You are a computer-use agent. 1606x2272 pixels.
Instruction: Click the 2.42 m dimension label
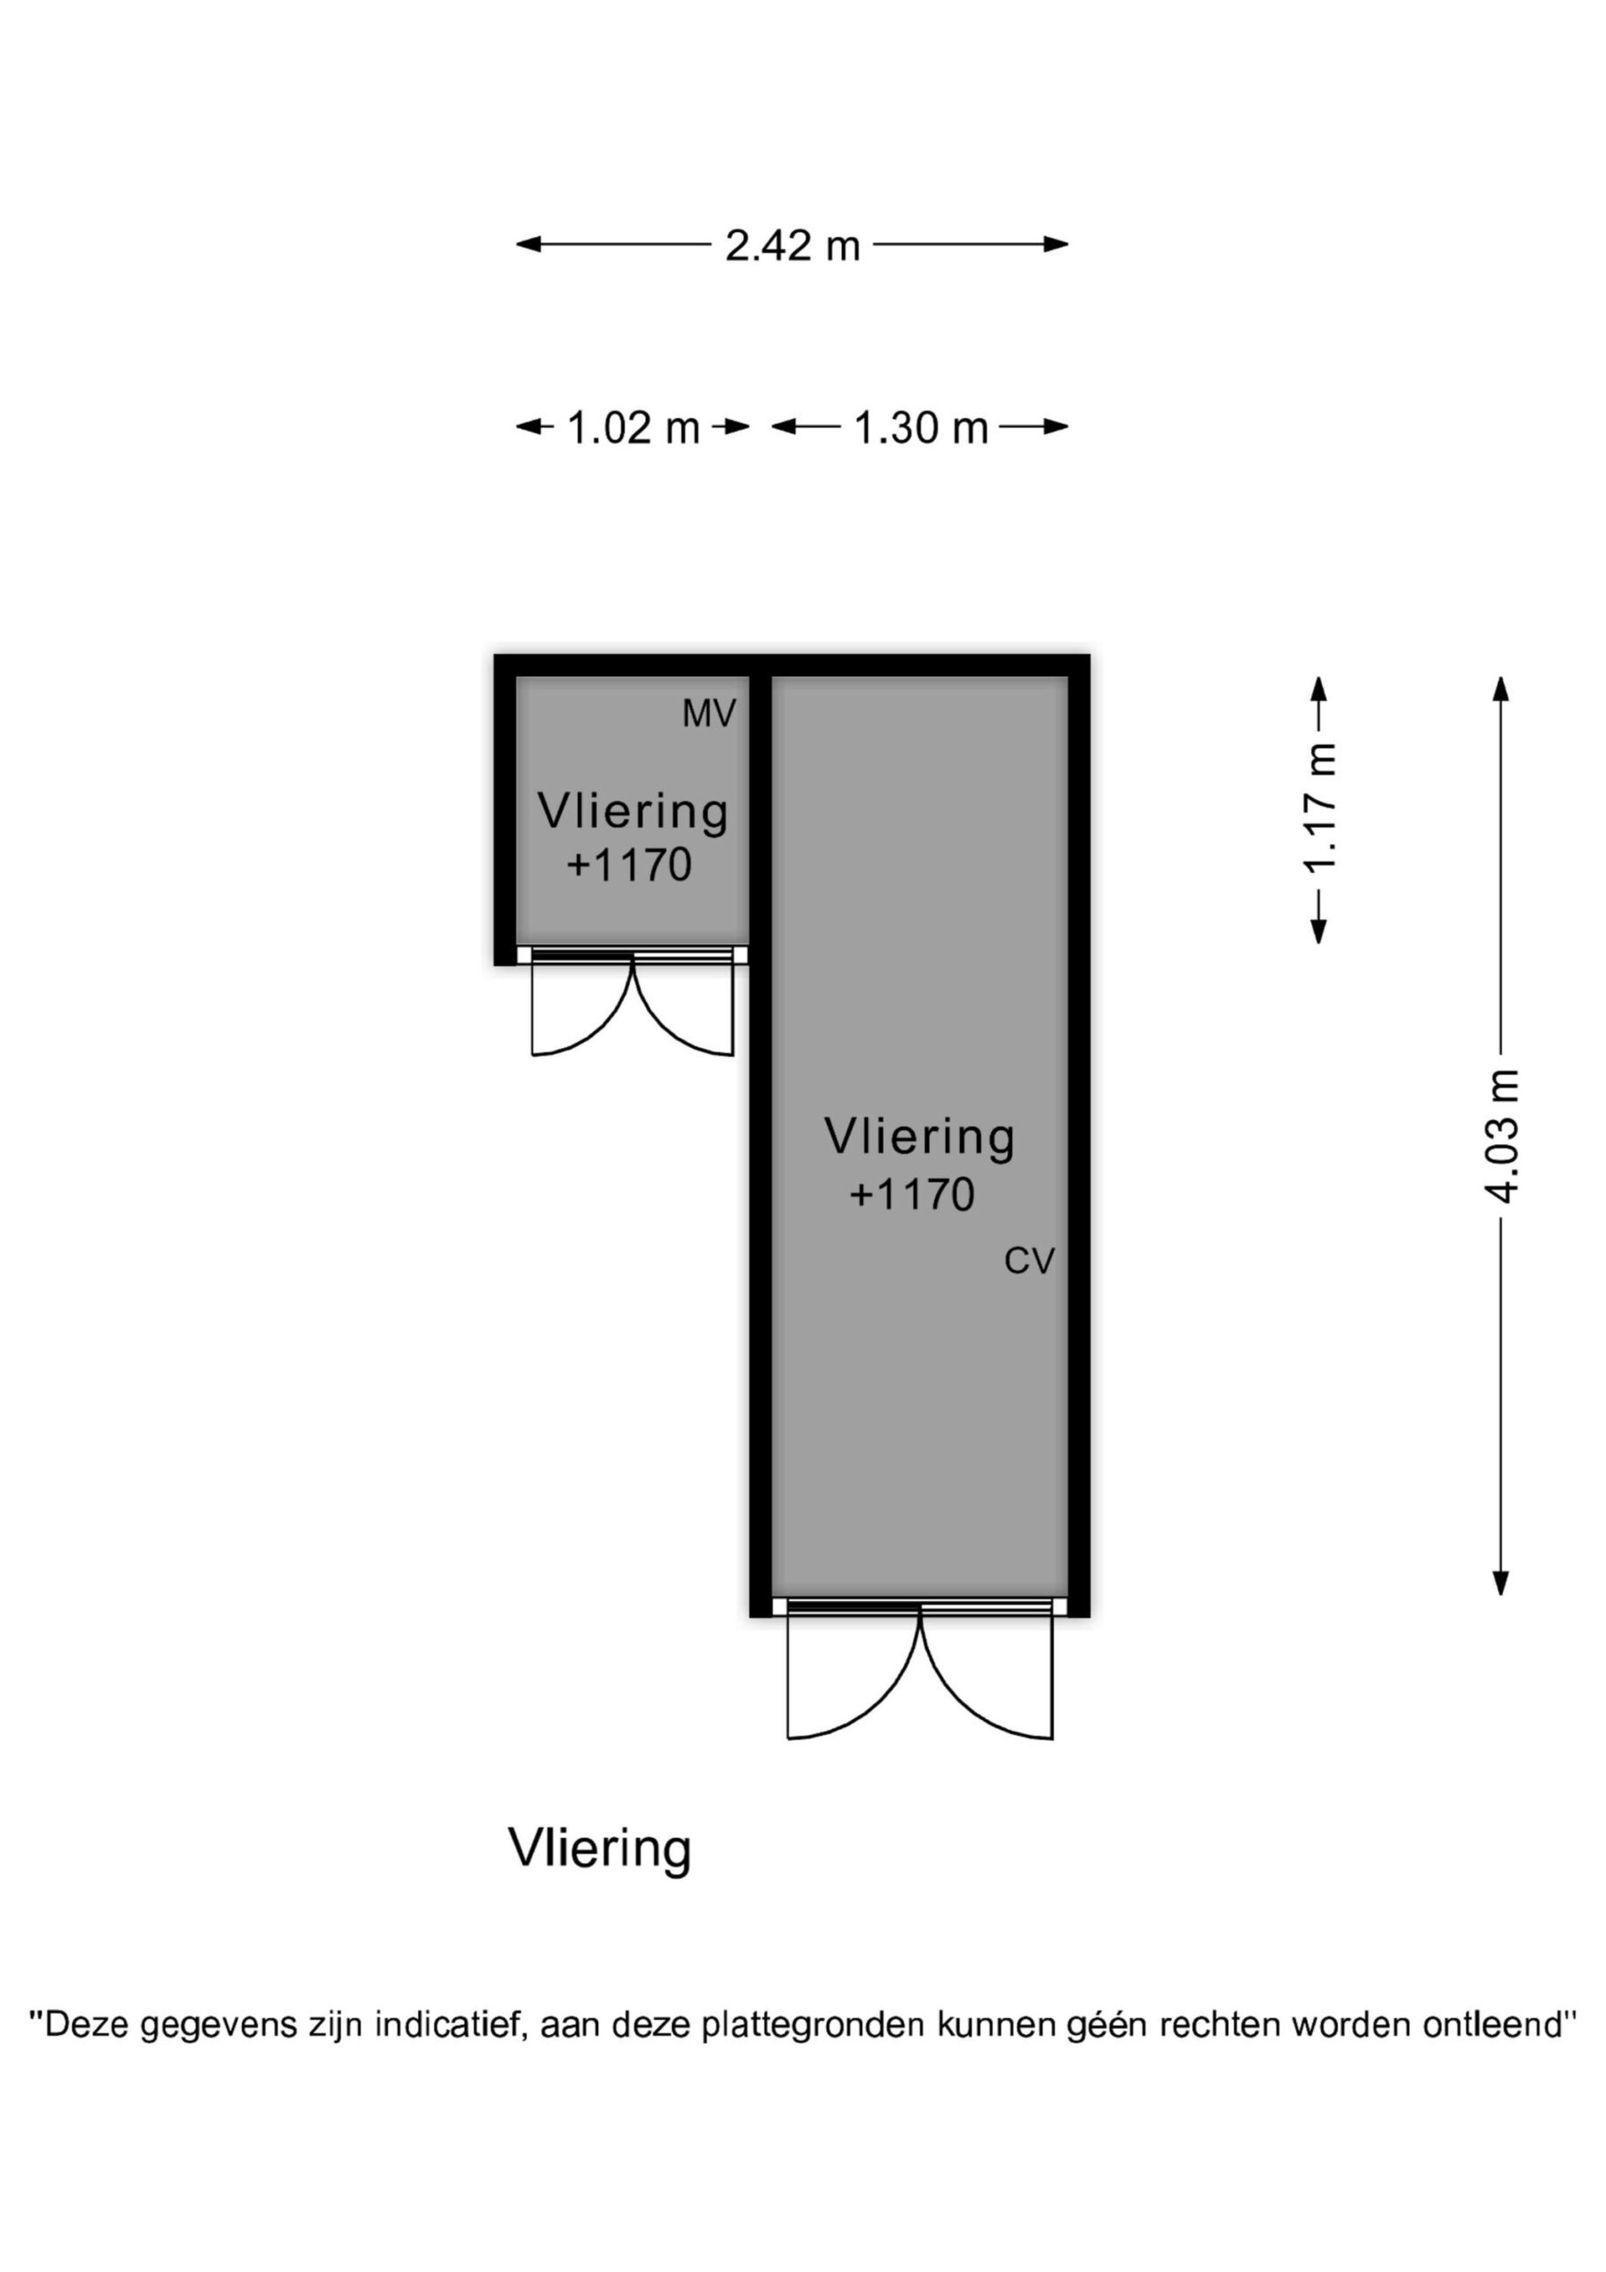coord(791,246)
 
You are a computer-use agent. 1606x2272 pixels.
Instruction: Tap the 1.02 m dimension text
coord(633,429)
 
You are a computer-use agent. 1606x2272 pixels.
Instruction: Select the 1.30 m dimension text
coord(920,429)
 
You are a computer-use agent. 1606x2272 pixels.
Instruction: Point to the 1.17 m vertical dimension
coord(1319,808)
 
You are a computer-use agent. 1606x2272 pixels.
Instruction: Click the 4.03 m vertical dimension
coord(1501,1136)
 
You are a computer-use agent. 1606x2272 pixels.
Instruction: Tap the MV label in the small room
coord(708,714)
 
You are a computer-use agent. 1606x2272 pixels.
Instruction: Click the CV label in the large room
coord(1029,1260)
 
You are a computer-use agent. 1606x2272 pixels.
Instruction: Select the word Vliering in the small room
coord(633,811)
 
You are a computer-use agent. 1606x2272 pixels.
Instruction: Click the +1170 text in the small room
coord(628,864)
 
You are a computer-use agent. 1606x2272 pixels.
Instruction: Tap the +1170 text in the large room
coord(911,1195)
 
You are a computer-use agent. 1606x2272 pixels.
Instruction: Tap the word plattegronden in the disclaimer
coord(814,2024)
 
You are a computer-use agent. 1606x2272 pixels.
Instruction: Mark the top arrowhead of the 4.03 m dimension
coord(1501,688)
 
